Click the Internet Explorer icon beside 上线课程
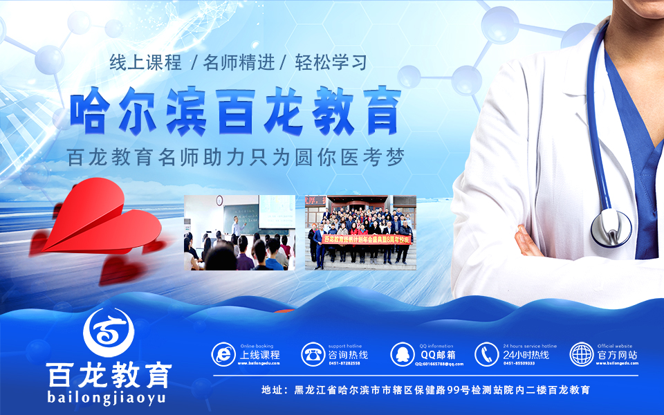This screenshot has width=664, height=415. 223,354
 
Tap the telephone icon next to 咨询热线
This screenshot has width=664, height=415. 313,354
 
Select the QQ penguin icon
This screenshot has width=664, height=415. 403,354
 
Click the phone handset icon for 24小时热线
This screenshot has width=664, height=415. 487,354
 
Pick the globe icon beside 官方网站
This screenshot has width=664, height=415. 582,354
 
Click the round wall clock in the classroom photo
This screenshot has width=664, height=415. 219,201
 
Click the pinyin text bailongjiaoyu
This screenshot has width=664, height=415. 107,397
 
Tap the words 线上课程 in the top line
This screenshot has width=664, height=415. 146,63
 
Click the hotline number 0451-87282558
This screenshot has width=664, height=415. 344,363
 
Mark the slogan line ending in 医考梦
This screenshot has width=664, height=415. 235,157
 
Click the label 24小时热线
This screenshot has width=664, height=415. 526,355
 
